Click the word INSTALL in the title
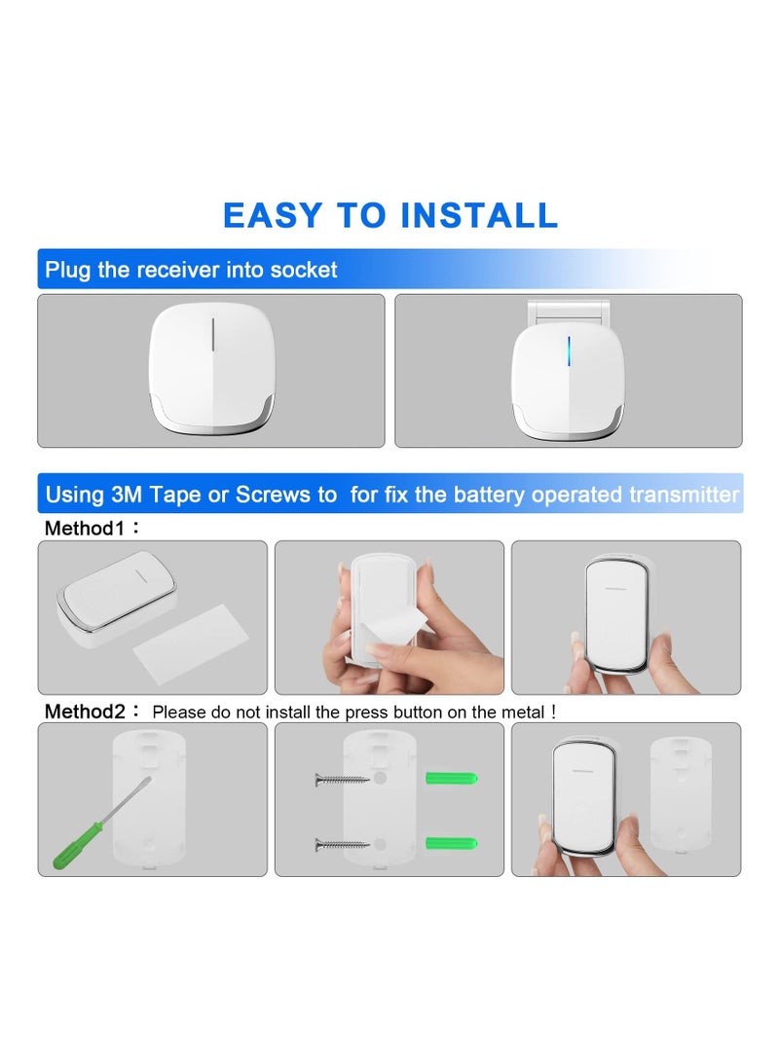(x=479, y=215)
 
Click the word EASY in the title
(x=273, y=215)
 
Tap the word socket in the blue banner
(x=304, y=270)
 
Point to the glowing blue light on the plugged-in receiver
(x=569, y=350)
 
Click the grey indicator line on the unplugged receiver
(x=212, y=335)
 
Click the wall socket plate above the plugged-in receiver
(x=569, y=311)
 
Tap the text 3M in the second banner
(x=127, y=494)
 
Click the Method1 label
(x=84, y=529)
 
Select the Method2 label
(x=85, y=712)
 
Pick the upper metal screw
(x=342, y=781)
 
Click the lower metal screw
(x=342, y=845)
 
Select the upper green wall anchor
(x=452, y=778)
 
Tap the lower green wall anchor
(x=452, y=843)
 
